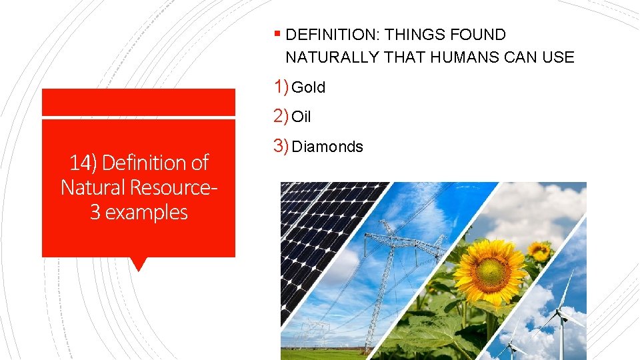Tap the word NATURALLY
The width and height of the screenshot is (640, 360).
(x=332, y=57)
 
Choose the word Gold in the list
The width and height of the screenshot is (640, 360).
(x=309, y=87)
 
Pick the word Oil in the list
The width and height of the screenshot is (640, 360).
(x=302, y=117)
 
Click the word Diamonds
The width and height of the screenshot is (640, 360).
(x=328, y=147)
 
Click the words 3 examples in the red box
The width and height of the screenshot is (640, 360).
(x=139, y=212)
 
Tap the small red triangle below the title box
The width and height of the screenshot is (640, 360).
(x=139, y=264)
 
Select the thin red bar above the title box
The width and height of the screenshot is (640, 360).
(x=139, y=102)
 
